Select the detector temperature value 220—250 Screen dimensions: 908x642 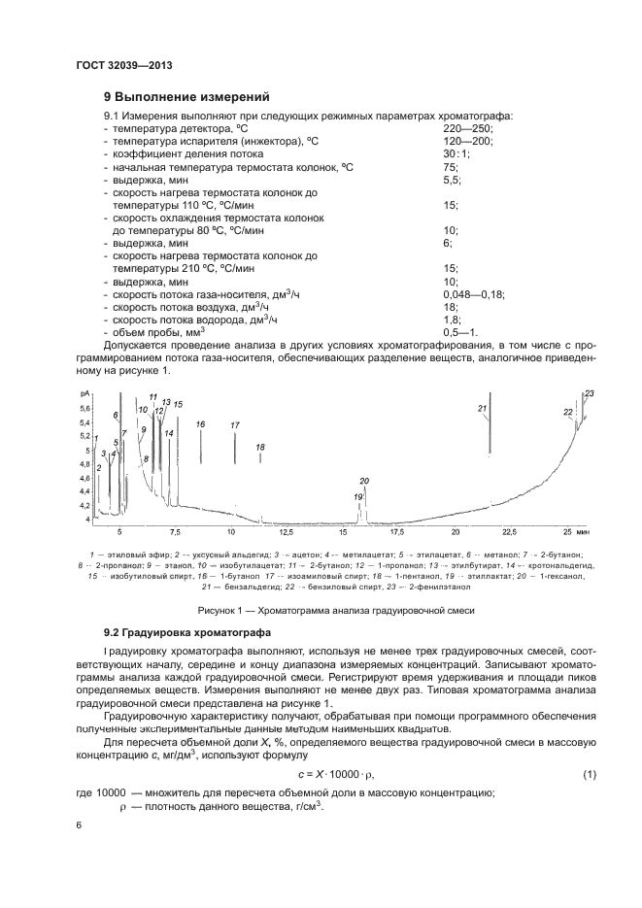[x=468, y=128]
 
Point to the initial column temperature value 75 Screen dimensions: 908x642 [x=450, y=167]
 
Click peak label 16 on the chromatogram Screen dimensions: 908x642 [x=200, y=424]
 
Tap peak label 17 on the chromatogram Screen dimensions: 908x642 [x=235, y=425]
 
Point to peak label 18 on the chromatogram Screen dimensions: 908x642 [x=260, y=447]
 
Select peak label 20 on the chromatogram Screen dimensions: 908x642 [x=365, y=481]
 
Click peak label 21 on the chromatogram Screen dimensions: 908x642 [x=482, y=410]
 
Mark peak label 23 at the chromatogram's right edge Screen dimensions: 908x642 [x=590, y=392]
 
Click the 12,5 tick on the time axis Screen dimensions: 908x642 [x=287, y=532]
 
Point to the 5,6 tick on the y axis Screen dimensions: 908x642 [x=84, y=409]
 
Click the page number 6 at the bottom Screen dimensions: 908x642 [x=80, y=825]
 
